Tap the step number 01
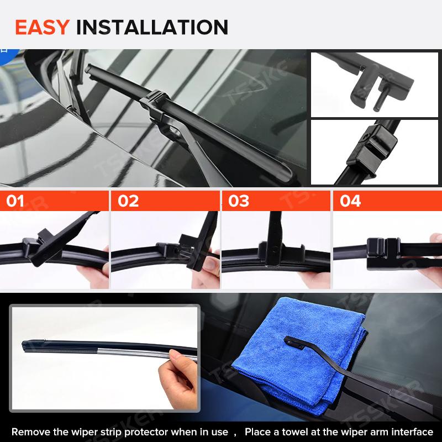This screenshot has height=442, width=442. [15, 201]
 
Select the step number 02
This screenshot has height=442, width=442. [128, 201]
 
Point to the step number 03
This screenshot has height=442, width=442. [239, 201]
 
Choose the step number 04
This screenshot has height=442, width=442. [350, 201]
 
